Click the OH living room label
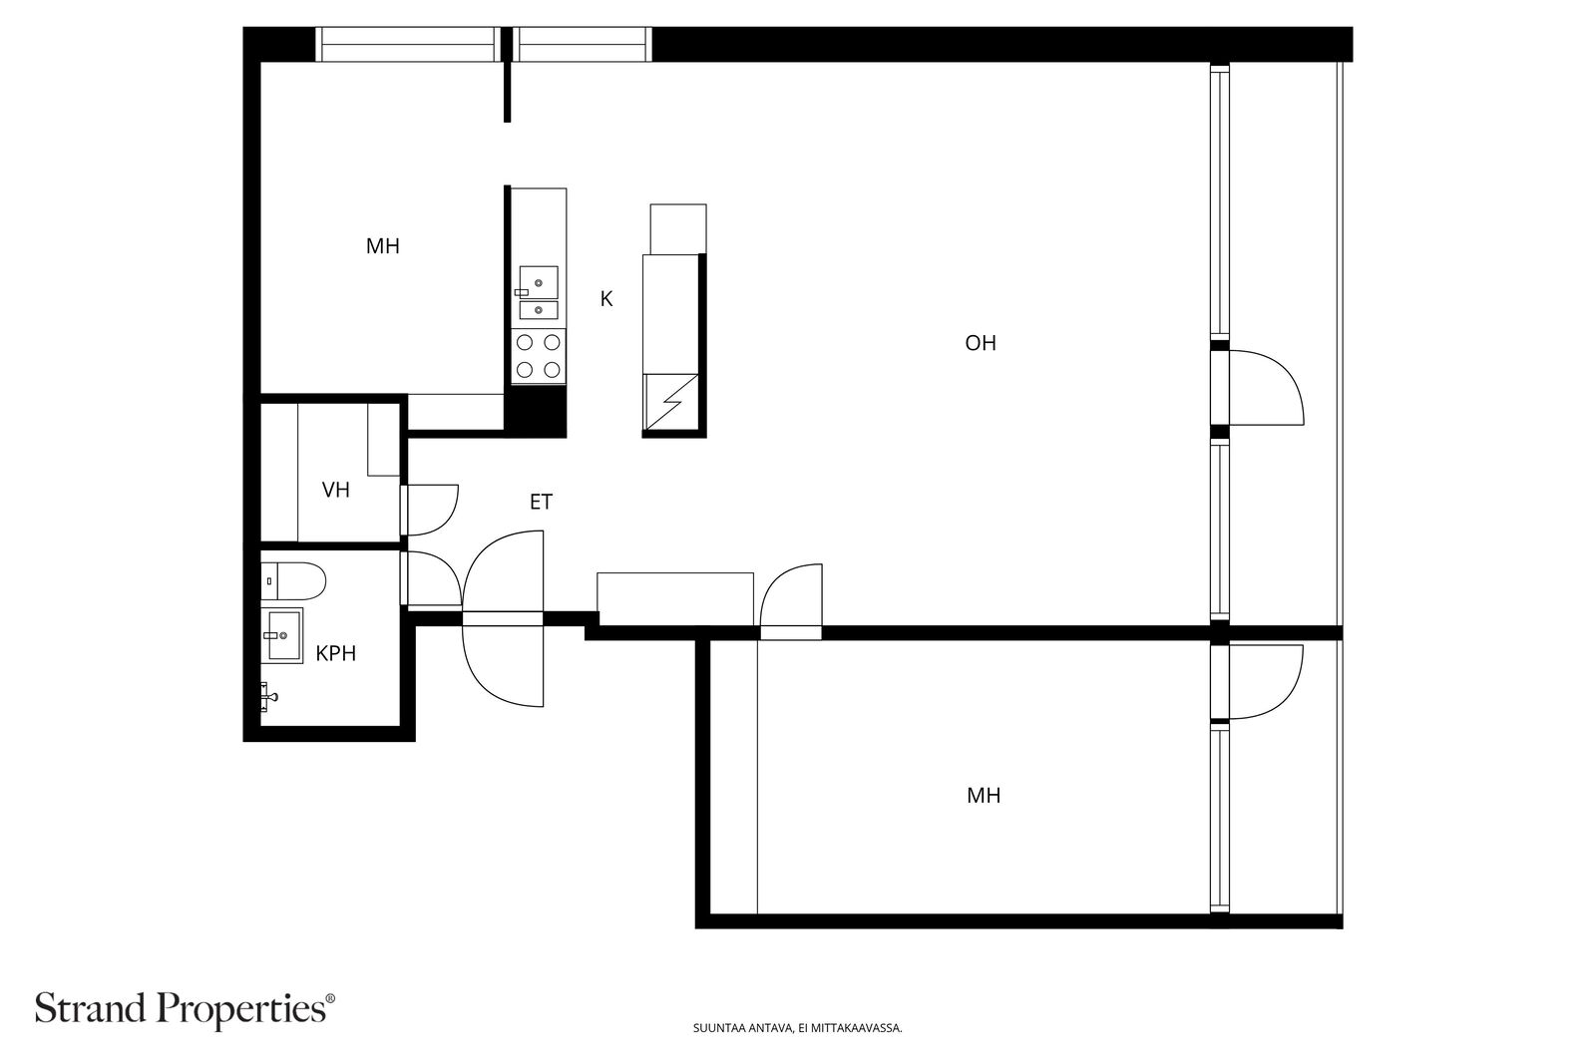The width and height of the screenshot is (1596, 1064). pos(981,343)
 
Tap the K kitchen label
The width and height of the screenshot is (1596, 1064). pos(606,299)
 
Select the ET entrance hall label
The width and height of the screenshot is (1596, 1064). pos(541,503)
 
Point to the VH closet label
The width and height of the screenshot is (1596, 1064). pos(335,490)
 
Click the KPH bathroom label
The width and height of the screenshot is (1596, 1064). pos(335,653)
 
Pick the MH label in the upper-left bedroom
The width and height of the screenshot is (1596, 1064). pos(383,246)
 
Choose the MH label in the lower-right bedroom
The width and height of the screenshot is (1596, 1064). pos(984,796)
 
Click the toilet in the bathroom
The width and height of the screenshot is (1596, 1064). pos(293,581)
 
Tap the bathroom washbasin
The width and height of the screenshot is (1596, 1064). pos(281,635)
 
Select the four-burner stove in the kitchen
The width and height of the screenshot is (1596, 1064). pos(539,356)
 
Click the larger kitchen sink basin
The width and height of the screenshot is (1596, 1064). pos(539,283)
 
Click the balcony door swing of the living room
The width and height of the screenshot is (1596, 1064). pos(1266,388)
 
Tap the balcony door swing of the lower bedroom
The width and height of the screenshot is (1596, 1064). pos(1266,681)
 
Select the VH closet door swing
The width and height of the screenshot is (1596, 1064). pos(431,510)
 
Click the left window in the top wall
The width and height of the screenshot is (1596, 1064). pos(408,44)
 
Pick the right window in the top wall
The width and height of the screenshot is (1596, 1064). pos(583,44)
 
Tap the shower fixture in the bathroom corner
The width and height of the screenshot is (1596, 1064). pos(268,696)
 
